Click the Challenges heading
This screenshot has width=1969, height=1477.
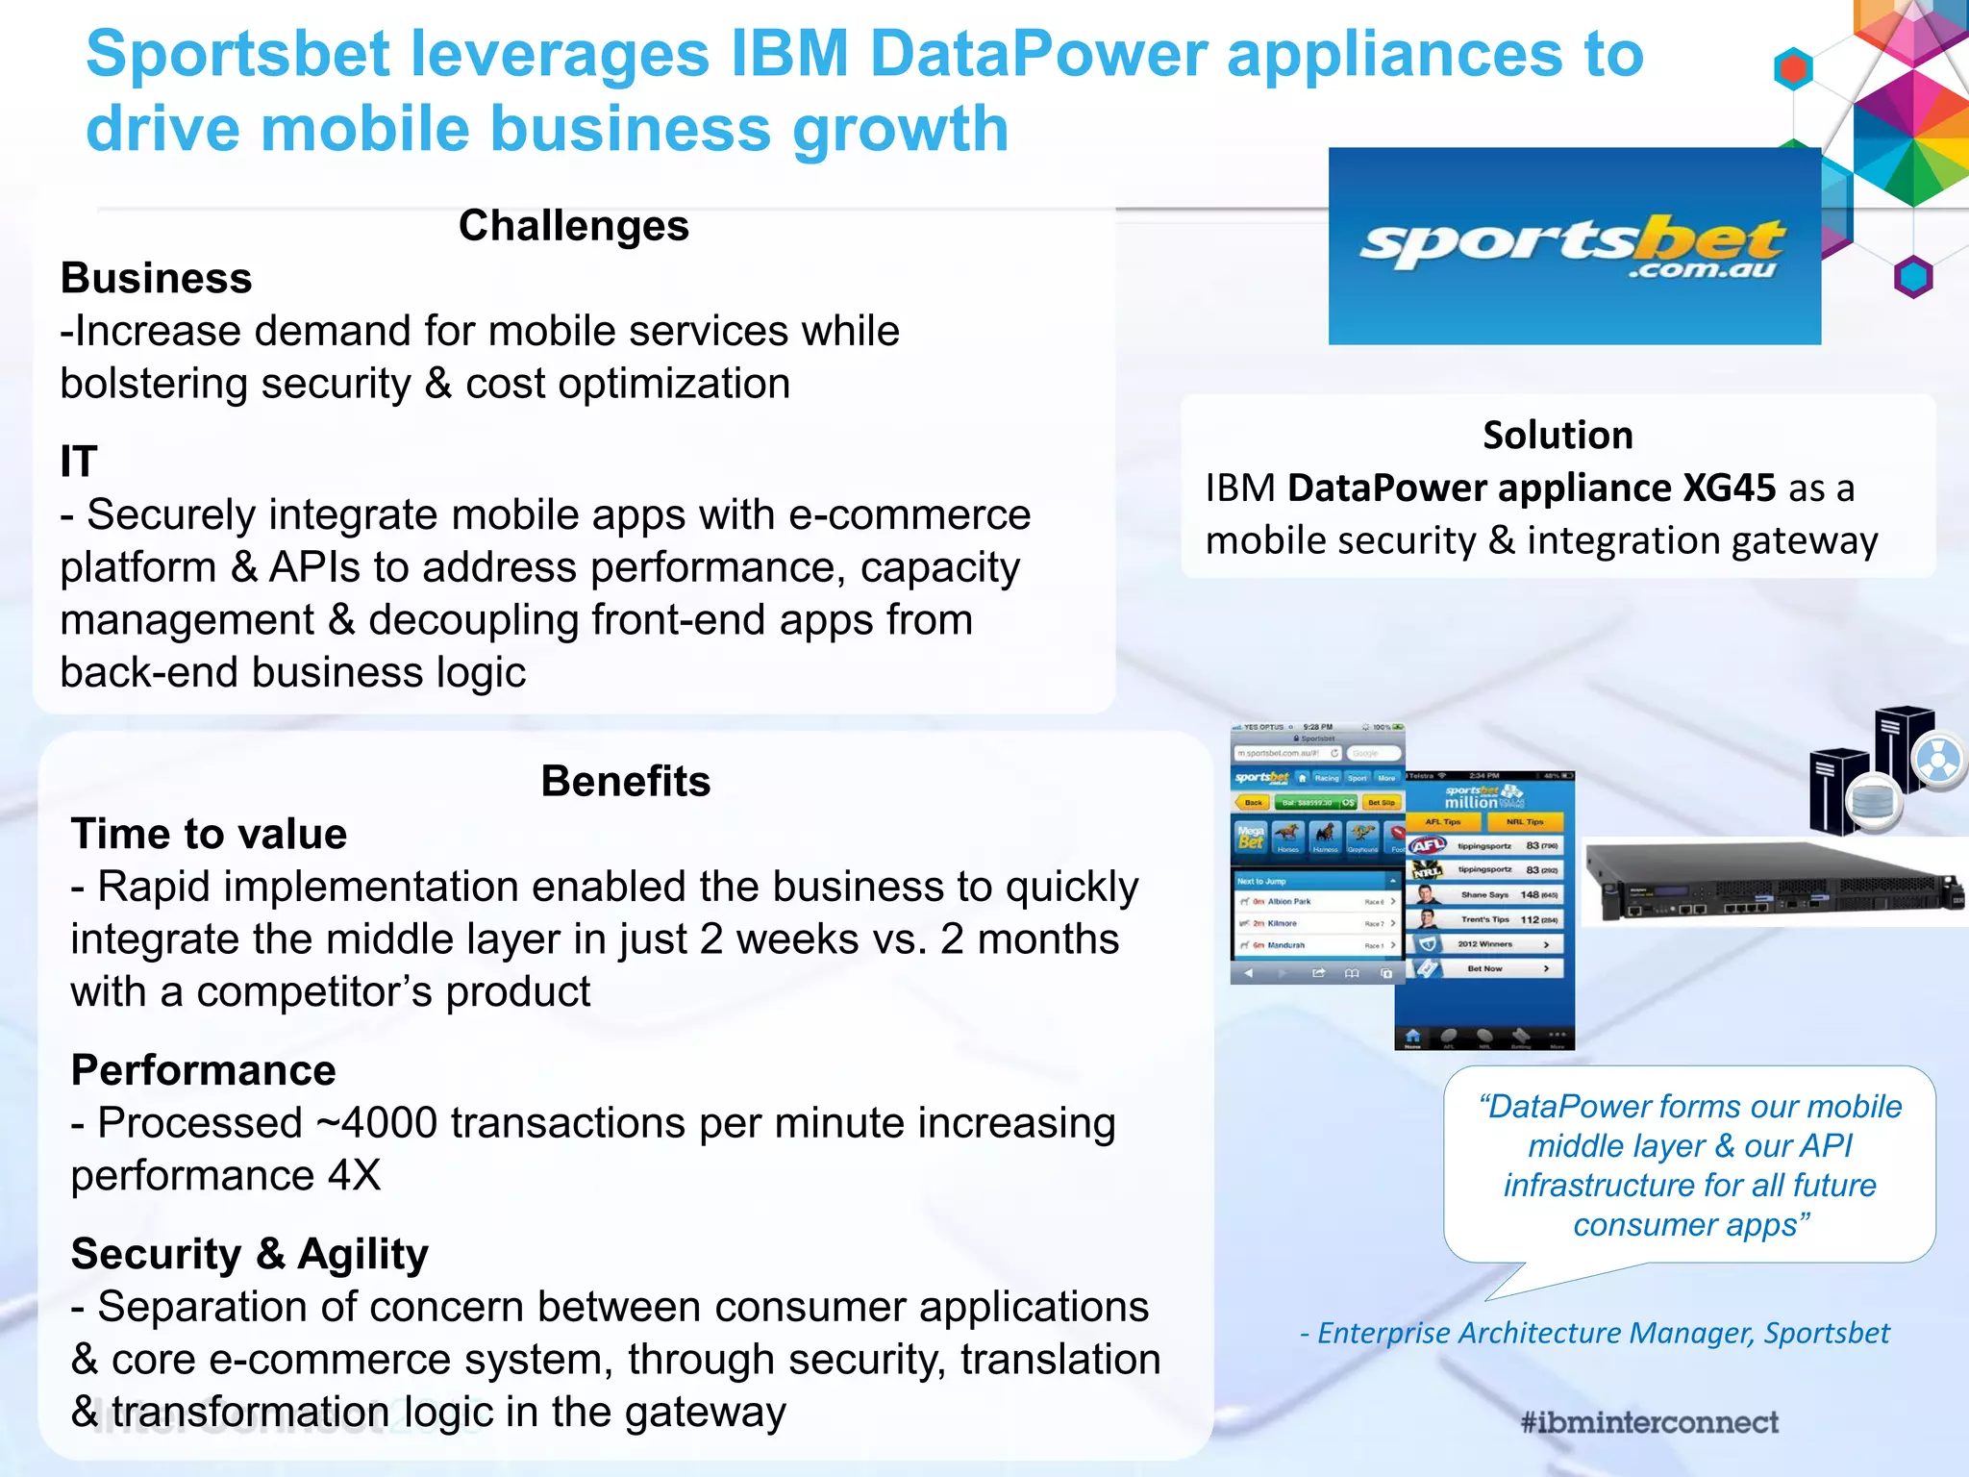(x=573, y=227)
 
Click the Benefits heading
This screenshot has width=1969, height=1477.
(x=625, y=781)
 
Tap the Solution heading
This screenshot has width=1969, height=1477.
(x=1558, y=436)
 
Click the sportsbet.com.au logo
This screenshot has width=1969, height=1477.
(x=1574, y=246)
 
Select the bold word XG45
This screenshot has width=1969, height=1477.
(x=1729, y=488)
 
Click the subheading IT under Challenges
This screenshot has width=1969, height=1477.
(x=79, y=462)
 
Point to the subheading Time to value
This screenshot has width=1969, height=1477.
(x=209, y=834)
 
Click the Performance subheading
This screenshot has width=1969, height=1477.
(x=204, y=1070)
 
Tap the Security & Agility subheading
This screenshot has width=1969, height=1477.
(x=250, y=1254)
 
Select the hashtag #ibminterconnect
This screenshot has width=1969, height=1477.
(x=1649, y=1422)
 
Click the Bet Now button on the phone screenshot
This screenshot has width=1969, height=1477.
(x=1485, y=968)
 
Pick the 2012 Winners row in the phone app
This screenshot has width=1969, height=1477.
(x=1485, y=944)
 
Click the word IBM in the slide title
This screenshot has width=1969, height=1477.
(x=789, y=54)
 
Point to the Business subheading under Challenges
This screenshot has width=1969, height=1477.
(x=157, y=279)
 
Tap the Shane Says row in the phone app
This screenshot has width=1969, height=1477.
(x=1485, y=894)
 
